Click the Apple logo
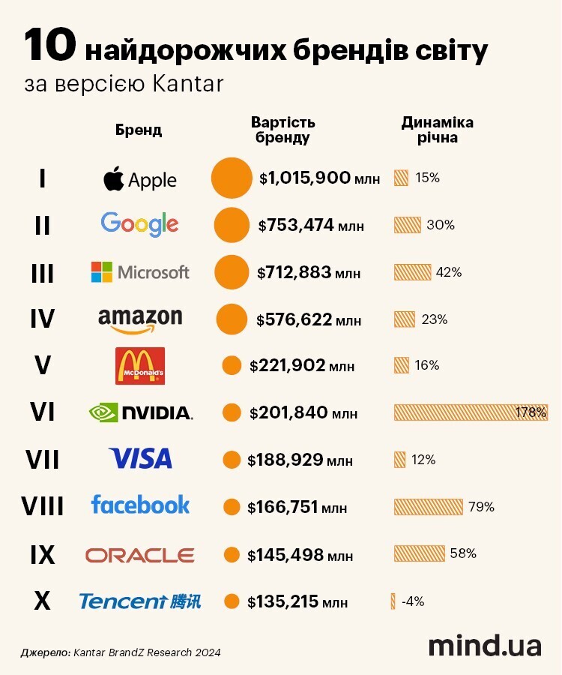click(139, 179)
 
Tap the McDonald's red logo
click(140, 365)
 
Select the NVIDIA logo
click(141, 412)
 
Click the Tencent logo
click(140, 601)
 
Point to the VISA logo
click(140, 458)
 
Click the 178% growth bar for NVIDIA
click(471, 412)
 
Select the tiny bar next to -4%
click(393, 601)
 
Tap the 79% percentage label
click(481, 507)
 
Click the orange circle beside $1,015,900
click(232, 178)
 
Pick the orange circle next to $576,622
click(232, 319)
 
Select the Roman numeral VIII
click(43, 507)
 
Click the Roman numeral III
click(43, 272)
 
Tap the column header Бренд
click(139, 130)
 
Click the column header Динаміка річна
click(438, 130)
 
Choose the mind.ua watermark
click(484, 646)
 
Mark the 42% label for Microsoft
click(448, 272)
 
